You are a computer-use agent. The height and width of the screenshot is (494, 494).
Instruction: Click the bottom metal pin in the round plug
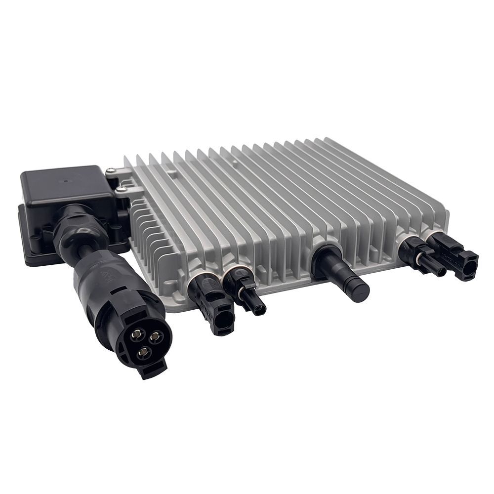[144, 352]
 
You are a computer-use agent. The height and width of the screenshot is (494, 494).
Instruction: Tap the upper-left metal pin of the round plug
[134, 335]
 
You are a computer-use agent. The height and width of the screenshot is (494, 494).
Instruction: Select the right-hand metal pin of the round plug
[156, 337]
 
